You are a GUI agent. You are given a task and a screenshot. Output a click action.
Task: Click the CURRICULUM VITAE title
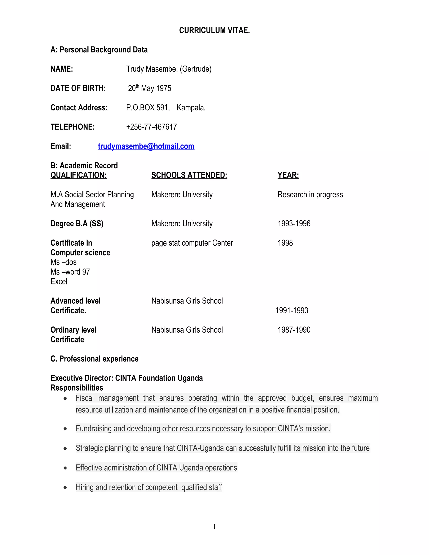point(214,31)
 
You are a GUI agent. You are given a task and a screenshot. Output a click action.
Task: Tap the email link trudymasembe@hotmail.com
point(146,146)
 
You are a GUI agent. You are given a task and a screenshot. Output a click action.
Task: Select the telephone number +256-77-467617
point(151,127)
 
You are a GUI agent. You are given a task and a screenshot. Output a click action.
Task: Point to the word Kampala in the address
point(191,108)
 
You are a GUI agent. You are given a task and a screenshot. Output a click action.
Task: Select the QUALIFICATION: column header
point(79,175)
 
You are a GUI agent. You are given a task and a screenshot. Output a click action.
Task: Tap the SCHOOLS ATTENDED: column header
point(189,175)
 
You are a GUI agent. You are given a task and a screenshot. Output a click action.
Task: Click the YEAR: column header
point(288,175)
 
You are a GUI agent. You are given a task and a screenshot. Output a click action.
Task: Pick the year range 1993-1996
point(294,224)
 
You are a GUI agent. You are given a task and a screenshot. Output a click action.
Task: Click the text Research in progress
point(310,195)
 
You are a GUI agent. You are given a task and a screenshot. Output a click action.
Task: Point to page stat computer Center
point(192,243)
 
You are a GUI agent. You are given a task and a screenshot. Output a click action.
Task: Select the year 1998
point(285,243)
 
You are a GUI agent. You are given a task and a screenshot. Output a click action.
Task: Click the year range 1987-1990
point(294,330)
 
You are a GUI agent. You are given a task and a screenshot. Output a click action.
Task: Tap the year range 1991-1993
point(292,311)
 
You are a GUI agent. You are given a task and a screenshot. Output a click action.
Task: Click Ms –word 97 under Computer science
point(70,272)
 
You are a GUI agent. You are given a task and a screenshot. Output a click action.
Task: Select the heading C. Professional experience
point(94,359)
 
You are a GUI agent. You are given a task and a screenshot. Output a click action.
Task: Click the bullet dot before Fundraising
point(65,429)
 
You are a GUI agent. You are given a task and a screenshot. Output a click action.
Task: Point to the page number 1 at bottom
point(214,527)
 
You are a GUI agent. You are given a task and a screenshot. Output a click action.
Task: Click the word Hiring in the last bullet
point(85,487)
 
